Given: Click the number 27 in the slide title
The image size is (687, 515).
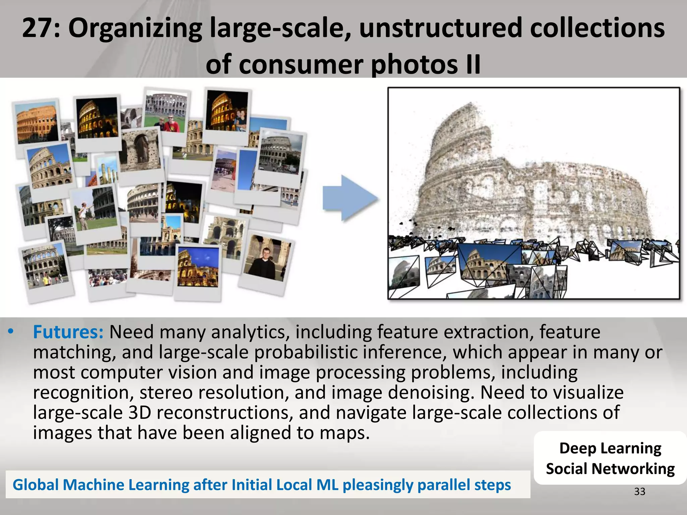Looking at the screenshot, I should click(37, 28).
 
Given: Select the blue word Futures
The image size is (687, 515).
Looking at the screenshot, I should click(68, 332).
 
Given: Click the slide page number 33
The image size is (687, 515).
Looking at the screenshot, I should click(639, 492).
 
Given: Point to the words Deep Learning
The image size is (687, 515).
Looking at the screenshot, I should click(610, 448).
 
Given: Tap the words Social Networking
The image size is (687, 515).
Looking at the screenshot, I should click(610, 469).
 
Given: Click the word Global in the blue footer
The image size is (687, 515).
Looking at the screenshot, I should click(36, 485).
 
